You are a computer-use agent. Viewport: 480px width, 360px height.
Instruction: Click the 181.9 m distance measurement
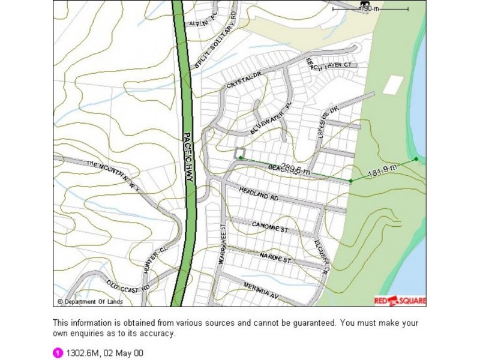(382, 173)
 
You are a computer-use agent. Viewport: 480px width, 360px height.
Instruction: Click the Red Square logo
(400, 301)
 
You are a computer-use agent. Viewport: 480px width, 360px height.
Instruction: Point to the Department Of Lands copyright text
(87, 301)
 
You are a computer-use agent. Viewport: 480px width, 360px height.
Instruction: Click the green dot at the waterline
(416, 159)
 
